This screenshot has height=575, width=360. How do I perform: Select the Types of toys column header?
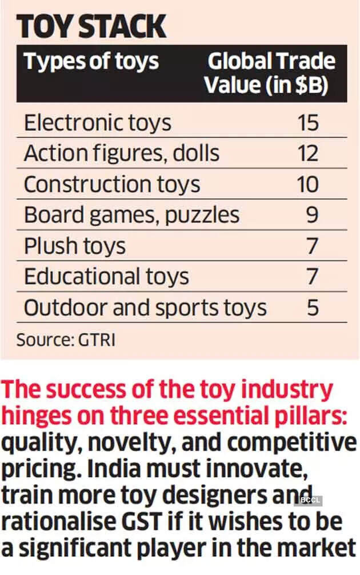91,62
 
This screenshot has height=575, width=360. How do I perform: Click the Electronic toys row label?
98,123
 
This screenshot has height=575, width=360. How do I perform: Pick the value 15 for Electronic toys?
308,123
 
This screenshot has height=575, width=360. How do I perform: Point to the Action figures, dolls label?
122,154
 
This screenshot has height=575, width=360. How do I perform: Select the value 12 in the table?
308,154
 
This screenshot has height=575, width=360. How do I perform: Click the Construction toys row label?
112,184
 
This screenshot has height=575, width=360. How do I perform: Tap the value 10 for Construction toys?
308,184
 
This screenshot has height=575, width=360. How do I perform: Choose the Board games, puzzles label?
131,215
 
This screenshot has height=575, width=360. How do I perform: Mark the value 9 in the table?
313,215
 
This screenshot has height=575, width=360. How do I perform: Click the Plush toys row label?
75,246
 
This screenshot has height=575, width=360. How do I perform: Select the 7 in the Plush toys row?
313,246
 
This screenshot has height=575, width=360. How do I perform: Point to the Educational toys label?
106,277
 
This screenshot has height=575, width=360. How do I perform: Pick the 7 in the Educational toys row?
313,277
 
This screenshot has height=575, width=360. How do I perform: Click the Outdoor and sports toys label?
145,308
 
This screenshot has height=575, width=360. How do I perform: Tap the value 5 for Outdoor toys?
313,308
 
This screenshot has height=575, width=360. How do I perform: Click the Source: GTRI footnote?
66,340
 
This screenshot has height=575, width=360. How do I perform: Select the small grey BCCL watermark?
309,501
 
